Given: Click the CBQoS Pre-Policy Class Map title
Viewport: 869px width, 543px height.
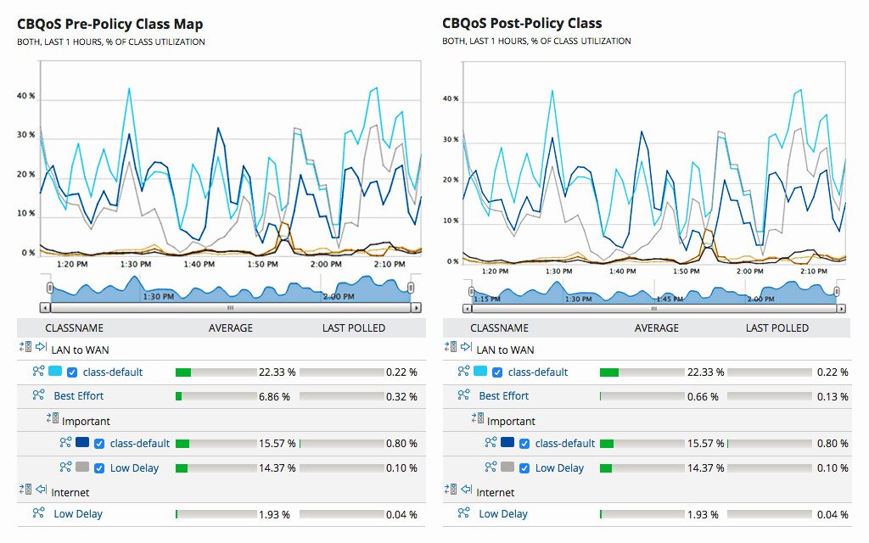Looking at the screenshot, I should click(110, 24).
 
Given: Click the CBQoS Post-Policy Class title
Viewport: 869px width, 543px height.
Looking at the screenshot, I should click(522, 24).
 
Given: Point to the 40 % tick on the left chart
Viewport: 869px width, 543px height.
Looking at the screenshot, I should click(25, 96).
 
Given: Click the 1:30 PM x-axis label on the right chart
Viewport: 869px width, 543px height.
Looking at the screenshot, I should click(558, 271).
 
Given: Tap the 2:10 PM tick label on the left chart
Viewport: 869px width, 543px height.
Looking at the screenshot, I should click(390, 265).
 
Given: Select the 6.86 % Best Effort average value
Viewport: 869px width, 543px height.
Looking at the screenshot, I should click(273, 396).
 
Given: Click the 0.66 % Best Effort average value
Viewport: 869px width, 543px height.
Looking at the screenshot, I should click(699, 396).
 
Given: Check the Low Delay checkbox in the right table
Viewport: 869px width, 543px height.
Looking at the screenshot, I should click(524, 467).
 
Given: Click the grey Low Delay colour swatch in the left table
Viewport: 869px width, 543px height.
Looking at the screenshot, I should click(82, 467).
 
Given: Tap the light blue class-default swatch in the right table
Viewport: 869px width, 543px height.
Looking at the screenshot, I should click(480, 372).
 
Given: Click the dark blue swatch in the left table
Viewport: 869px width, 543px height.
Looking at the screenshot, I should click(82, 443).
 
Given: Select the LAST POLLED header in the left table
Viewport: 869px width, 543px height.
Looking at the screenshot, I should click(353, 327).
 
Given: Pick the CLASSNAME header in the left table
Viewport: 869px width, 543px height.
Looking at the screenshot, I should click(75, 327).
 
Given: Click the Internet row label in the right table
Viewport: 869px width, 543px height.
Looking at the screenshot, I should click(495, 492).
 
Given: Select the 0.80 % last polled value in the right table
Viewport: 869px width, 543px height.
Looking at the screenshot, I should click(833, 444).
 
